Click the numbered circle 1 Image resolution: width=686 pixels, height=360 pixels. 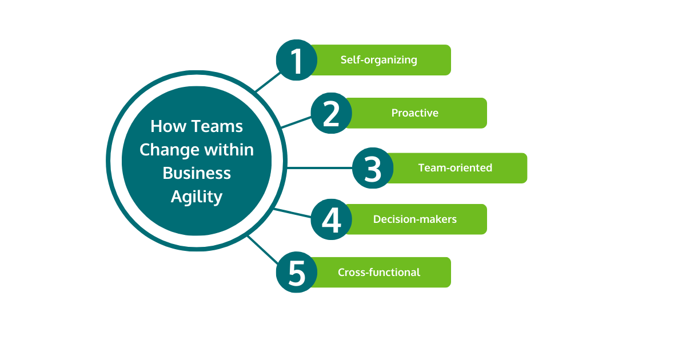tap(296, 60)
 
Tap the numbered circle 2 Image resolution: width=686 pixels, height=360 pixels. tap(331, 113)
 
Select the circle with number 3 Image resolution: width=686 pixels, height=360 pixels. tap(372, 168)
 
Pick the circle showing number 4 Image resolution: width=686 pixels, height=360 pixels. tap(331, 219)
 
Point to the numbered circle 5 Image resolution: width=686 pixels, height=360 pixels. tap(296, 272)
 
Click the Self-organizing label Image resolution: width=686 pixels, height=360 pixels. tap(378, 60)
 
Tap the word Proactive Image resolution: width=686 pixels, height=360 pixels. tap(414, 113)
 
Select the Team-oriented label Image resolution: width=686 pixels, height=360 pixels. tap(455, 168)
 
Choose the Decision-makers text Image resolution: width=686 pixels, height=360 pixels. tap(414, 219)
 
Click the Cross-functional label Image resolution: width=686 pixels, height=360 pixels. tap(378, 273)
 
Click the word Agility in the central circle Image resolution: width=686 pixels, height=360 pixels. tap(197, 197)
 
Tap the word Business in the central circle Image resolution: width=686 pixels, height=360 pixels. tap(197, 173)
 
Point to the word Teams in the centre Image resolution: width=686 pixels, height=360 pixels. tap(217, 126)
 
